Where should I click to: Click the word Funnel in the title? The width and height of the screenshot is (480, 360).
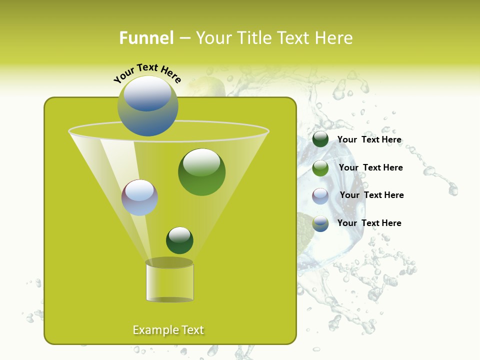146,38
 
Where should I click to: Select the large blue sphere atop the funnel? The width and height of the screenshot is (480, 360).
148,106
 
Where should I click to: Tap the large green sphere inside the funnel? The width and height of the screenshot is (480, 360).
201,172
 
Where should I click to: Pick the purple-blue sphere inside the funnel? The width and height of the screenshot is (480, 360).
139,197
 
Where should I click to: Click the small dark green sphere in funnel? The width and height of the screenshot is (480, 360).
179,240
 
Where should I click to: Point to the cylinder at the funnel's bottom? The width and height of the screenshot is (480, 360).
169,282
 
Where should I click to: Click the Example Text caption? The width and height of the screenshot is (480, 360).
168,330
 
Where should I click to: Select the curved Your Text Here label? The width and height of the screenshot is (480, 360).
147,72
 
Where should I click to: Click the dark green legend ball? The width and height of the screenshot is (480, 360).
320,139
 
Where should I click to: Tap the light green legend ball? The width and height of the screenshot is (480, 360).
320,168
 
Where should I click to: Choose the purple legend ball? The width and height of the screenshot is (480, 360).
320,195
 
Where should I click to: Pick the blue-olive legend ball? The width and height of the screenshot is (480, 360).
320,223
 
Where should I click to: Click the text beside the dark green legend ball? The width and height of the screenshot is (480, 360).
369,140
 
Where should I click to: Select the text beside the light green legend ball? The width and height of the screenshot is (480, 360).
370,168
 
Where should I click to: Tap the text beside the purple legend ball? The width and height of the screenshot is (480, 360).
371,195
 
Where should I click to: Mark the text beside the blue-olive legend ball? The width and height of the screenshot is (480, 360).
369,223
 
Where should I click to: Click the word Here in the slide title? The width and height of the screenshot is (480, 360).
334,38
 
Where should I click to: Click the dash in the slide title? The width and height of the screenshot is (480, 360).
184,38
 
